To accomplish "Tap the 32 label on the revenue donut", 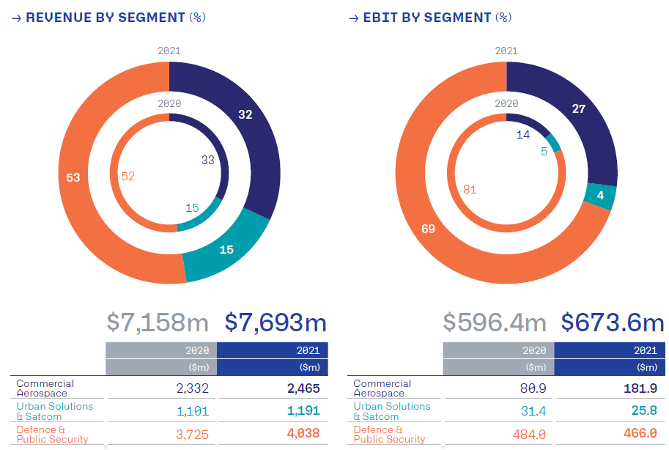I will click(x=245, y=114).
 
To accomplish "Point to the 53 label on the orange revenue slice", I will click(x=73, y=177).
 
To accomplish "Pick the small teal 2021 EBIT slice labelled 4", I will click(x=601, y=196).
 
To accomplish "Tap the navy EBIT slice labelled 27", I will click(x=579, y=109).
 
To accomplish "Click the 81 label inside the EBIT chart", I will click(x=470, y=190).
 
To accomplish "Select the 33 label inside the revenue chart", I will click(x=207, y=160).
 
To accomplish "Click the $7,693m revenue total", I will click(x=276, y=322).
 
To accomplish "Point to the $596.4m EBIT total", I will click(x=495, y=322).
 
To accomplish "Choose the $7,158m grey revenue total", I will click(x=158, y=322).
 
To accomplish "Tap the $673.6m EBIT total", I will click(x=613, y=322).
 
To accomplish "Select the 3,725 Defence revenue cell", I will click(x=193, y=435).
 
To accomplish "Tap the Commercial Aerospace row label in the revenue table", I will click(x=45, y=388).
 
